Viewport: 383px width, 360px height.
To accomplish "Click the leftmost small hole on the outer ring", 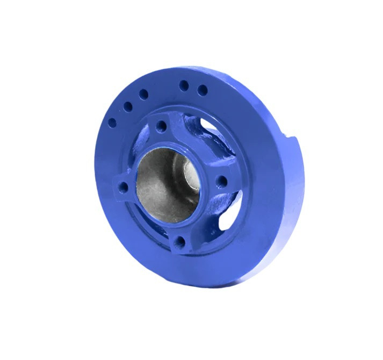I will [112, 123].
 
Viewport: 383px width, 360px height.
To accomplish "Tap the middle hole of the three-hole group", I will [127, 106].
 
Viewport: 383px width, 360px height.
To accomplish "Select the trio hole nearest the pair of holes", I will [143, 94].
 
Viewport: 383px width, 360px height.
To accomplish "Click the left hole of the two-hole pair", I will [184, 85].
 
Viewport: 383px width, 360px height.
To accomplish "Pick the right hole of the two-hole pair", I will [202, 90].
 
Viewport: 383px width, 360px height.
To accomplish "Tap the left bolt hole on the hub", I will [123, 188].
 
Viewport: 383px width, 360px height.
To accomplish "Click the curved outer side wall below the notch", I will [293, 204].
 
